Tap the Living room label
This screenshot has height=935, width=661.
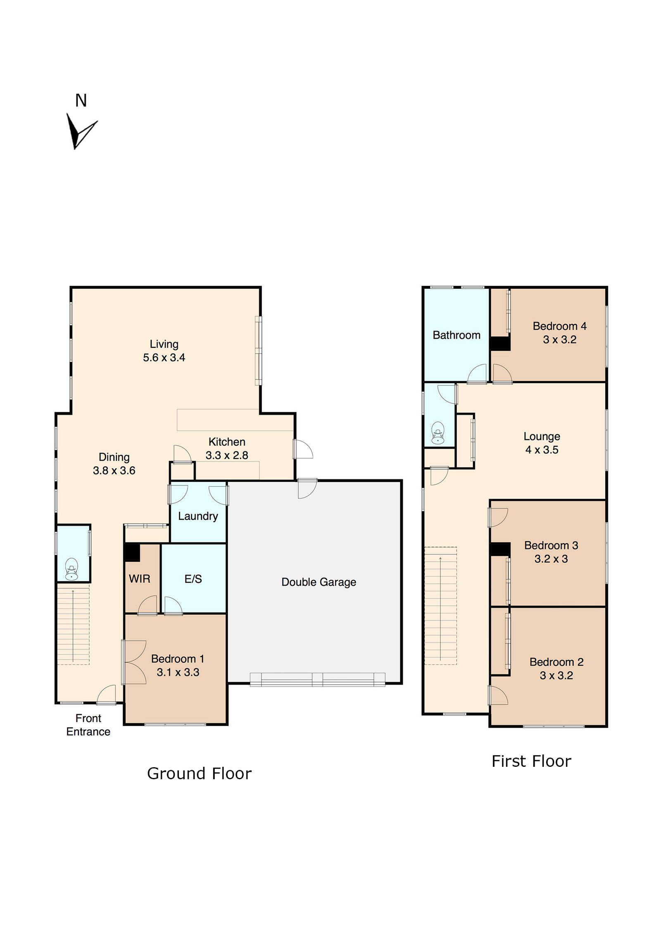[x=164, y=344]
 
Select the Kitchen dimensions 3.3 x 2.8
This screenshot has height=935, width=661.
[x=227, y=455]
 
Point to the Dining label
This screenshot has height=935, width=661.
[x=114, y=457]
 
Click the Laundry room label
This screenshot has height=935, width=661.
[x=198, y=516]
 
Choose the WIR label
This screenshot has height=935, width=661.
[x=139, y=579]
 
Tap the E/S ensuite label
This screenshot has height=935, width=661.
[x=193, y=579]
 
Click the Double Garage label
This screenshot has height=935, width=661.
[x=319, y=582]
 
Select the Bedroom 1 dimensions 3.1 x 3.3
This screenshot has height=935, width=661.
[x=178, y=672]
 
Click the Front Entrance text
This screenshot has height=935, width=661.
[x=88, y=725]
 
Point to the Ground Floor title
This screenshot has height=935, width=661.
[x=199, y=773]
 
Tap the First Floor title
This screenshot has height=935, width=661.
[x=531, y=761]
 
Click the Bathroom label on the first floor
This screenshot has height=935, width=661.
[x=457, y=335]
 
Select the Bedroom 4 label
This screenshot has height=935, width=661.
[x=559, y=326]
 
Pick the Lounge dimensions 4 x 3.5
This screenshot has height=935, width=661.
[x=542, y=450]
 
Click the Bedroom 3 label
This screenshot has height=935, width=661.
[x=551, y=545]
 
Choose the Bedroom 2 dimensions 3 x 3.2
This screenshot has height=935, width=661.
[x=556, y=676]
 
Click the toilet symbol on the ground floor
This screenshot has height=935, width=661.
[x=72, y=569]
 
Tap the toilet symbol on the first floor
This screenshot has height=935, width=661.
[x=438, y=433]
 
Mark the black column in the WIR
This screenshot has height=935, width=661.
[x=132, y=552]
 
